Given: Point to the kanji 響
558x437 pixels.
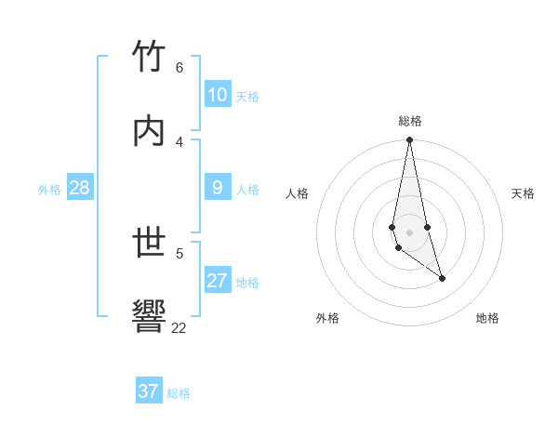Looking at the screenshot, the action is pos(149,316).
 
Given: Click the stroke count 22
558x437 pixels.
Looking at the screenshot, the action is pos(179,327).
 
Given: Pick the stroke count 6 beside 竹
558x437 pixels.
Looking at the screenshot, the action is pos(179,68).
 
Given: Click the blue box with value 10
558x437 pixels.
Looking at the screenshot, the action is pos(218,95).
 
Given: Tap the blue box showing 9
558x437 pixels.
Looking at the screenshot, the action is pos(218,188).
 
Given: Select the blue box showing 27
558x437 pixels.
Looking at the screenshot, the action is pos(218,281).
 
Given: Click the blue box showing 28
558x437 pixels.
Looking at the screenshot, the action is pos(80,188).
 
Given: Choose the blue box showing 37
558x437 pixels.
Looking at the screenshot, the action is pos(149,391).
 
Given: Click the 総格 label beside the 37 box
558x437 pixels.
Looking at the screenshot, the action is pos(179,393).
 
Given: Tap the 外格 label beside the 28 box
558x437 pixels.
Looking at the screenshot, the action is pos(49,190).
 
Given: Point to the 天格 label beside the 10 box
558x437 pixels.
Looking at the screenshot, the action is pos(247,97).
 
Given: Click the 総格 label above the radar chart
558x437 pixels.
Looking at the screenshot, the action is pos(410,121).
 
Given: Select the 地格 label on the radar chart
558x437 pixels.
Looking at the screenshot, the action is pos(487,318).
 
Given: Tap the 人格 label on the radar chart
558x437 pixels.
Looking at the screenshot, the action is pos(298,193).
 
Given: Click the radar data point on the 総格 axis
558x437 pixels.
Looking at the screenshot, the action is pos(409,140).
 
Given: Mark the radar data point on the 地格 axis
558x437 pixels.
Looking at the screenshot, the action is pos(442,278).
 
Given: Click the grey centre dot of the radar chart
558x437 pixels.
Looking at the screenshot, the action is pos(409,232).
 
